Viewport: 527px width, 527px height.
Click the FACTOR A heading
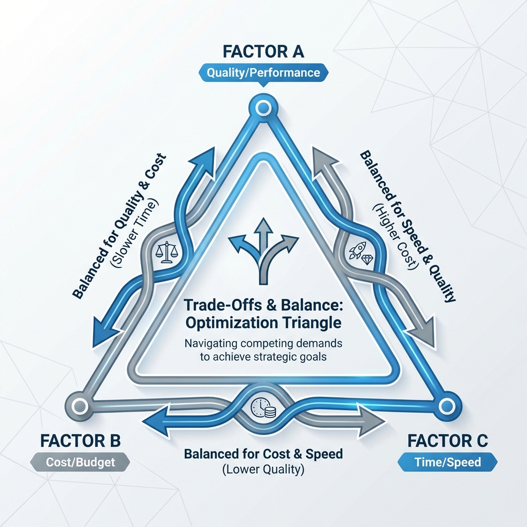[x=263, y=52]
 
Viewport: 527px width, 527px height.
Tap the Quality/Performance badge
[x=263, y=73]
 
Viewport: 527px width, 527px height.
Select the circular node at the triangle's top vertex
[x=263, y=108]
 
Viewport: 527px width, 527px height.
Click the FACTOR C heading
[x=447, y=441]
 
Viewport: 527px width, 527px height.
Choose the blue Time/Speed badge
[x=447, y=462]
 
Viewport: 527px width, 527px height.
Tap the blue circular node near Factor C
[x=444, y=407]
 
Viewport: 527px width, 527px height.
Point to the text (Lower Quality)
[x=263, y=469]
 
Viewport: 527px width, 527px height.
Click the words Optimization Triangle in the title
[x=263, y=323]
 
